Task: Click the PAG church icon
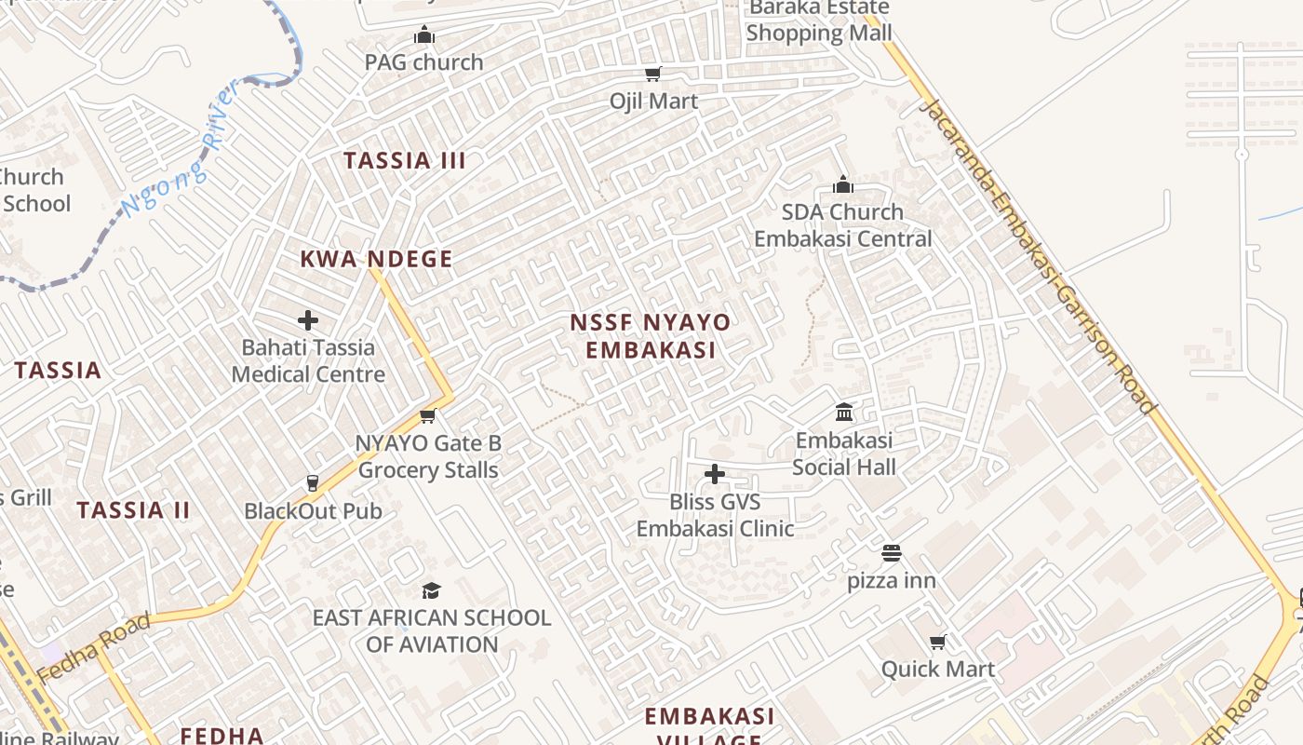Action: tap(424, 35)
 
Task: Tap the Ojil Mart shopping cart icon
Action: tap(653, 74)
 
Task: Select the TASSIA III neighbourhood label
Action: tap(405, 160)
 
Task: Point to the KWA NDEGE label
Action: tap(376, 259)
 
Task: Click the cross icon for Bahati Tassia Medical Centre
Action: tap(308, 320)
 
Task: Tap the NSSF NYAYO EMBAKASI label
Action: tap(650, 336)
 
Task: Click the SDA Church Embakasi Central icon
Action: tap(843, 184)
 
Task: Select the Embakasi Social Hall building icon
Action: tap(844, 412)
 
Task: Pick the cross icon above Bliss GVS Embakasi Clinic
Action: tap(715, 474)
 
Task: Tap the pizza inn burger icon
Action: tap(892, 553)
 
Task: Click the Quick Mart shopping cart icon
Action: tap(938, 642)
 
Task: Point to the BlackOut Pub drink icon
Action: tap(313, 482)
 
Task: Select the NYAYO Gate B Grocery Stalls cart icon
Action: tap(428, 415)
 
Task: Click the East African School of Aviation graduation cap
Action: tap(431, 590)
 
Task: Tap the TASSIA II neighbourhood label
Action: tap(133, 510)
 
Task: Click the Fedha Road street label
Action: tap(93, 647)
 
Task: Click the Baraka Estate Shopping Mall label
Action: tap(819, 20)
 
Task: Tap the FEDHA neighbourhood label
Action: tap(222, 735)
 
